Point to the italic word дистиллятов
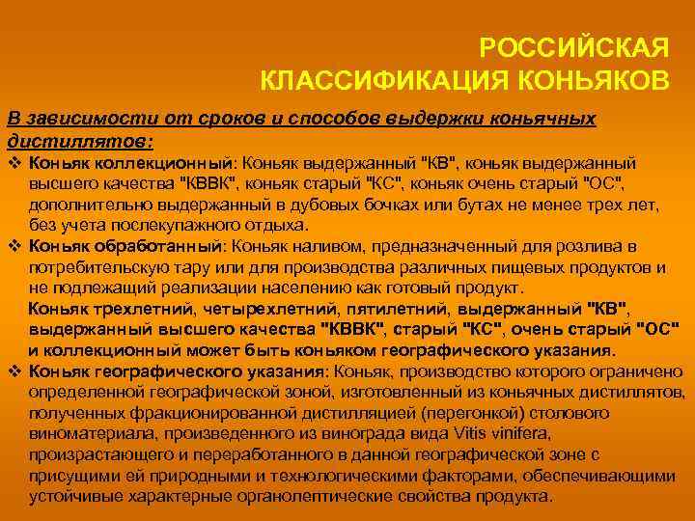click(78, 142)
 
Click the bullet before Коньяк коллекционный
click(14, 163)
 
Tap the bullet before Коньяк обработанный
click(14, 246)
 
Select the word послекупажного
click(178, 226)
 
